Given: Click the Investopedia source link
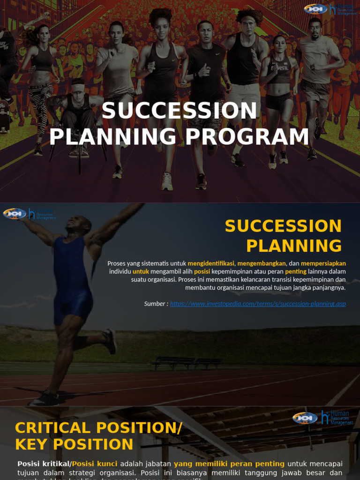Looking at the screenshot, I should point(258,304).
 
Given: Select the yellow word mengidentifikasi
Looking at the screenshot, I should point(211,263).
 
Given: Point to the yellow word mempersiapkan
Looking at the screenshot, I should point(323,263).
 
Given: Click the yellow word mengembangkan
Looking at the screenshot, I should point(261,263).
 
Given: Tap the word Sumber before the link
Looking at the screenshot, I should point(155,304).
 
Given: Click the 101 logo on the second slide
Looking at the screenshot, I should point(14,214).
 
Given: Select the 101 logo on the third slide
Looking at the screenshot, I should point(305,418).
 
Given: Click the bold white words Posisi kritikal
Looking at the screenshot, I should point(44,464).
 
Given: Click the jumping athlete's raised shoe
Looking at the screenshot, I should point(111,341).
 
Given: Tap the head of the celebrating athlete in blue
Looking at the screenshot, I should point(78,224).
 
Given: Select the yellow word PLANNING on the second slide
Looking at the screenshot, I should point(294,246).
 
